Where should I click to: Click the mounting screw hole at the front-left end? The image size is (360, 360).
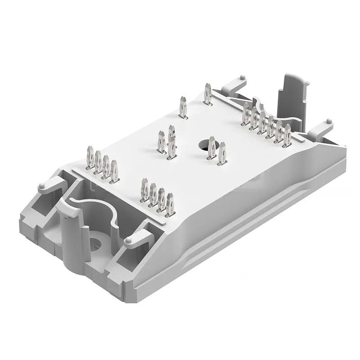[x=95, y=244]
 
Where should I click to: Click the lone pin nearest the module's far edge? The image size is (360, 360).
[x=207, y=94]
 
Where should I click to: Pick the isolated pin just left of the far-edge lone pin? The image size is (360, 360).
[x=183, y=108]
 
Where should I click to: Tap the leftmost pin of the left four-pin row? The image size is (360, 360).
[x=90, y=158]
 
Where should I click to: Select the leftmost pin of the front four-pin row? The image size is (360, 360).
[x=144, y=190]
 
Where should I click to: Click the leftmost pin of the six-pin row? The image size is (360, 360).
[x=246, y=114]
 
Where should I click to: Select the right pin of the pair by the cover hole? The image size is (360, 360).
[x=222, y=154]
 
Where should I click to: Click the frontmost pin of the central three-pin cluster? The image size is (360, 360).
[x=171, y=148]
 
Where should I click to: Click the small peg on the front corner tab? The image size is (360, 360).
[x=128, y=241]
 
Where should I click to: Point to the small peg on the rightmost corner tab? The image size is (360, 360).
[x=328, y=121]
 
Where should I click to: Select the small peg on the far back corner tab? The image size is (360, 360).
[x=243, y=78]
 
